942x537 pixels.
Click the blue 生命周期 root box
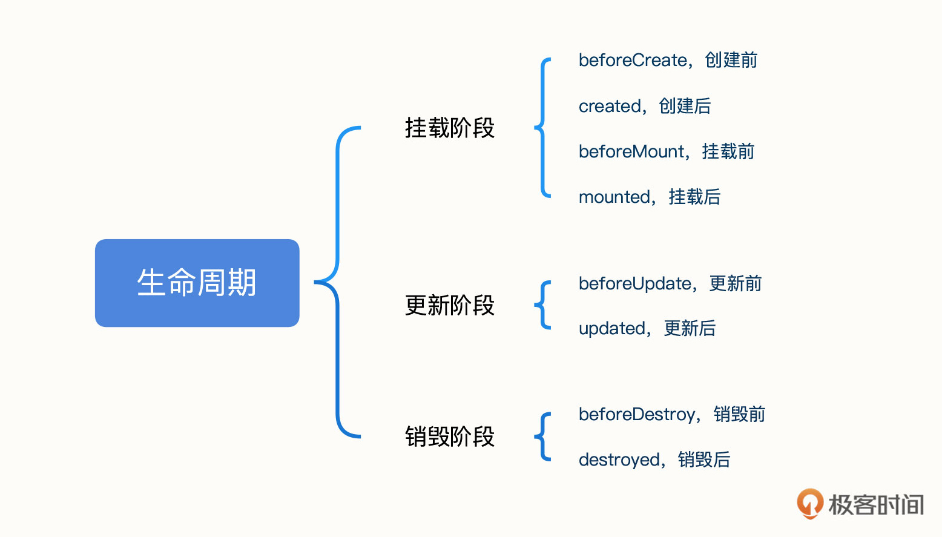(197, 283)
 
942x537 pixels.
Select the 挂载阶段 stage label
(450, 128)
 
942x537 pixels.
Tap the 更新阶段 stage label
(450, 305)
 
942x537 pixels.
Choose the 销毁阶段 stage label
(450, 437)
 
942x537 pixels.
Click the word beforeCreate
(633, 60)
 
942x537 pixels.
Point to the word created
(610, 106)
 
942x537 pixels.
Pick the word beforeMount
(631, 151)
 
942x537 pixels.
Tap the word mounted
(614, 197)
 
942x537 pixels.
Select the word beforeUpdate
(635, 284)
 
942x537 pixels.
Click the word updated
(612, 328)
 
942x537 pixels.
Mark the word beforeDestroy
(637, 415)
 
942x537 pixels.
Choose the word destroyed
(619, 460)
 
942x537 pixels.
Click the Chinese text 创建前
(731, 60)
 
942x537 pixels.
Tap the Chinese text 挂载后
(695, 197)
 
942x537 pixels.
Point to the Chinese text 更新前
(736, 283)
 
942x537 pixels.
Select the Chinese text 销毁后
(704, 459)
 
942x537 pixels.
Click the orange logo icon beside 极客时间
(810, 504)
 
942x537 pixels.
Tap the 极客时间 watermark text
(876, 505)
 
